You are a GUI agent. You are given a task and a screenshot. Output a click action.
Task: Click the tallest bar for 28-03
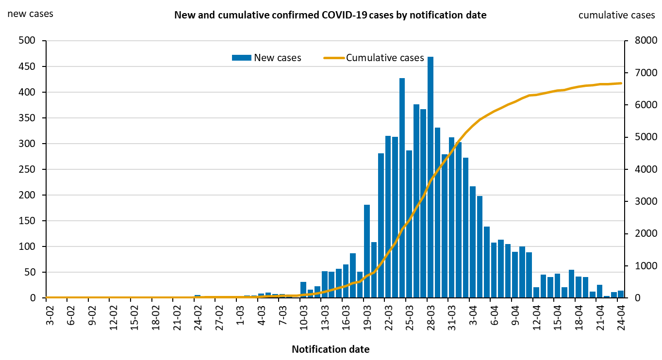pos(430,177)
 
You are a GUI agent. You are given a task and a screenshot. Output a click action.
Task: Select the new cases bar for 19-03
pos(367,251)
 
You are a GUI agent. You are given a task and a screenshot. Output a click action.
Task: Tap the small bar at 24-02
pos(198,296)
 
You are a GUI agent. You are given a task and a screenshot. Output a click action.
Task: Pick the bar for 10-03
pos(303,290)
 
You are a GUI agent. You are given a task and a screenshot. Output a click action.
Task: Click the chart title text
pos(330,15)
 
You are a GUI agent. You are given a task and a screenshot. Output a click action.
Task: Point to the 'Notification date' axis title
pos(330,349)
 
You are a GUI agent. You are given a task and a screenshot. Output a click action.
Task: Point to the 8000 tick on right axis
pos(636,41)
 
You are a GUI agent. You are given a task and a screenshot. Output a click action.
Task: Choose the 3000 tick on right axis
pos(636,201)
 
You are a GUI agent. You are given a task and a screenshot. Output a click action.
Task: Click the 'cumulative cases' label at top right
pos(616,15)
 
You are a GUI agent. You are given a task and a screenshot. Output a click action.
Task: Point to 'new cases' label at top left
pos(30,14)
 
